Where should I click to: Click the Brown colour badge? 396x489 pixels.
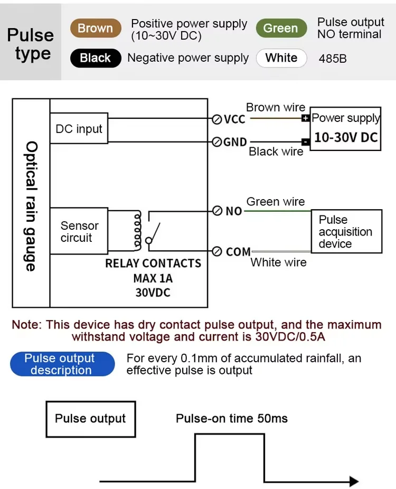96,29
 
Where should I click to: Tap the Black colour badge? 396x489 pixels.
96,58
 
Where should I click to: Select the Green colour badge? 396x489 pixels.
281,29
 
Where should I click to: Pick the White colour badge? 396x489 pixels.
281,58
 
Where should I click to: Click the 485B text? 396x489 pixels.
333,59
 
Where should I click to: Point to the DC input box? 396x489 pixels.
79,128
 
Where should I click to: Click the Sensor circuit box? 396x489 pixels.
79,231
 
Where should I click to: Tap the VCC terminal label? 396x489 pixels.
234,120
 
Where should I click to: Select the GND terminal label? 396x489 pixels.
235,142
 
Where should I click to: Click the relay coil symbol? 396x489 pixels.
138,231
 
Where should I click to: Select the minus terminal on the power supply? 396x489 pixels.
306,142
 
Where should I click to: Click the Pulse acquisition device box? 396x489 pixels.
346,231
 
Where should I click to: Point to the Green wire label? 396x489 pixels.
276,202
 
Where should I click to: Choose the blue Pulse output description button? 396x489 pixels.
62,364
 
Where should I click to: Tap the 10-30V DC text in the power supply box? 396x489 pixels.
346,138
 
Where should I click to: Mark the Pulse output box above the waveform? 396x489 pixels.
90,419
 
